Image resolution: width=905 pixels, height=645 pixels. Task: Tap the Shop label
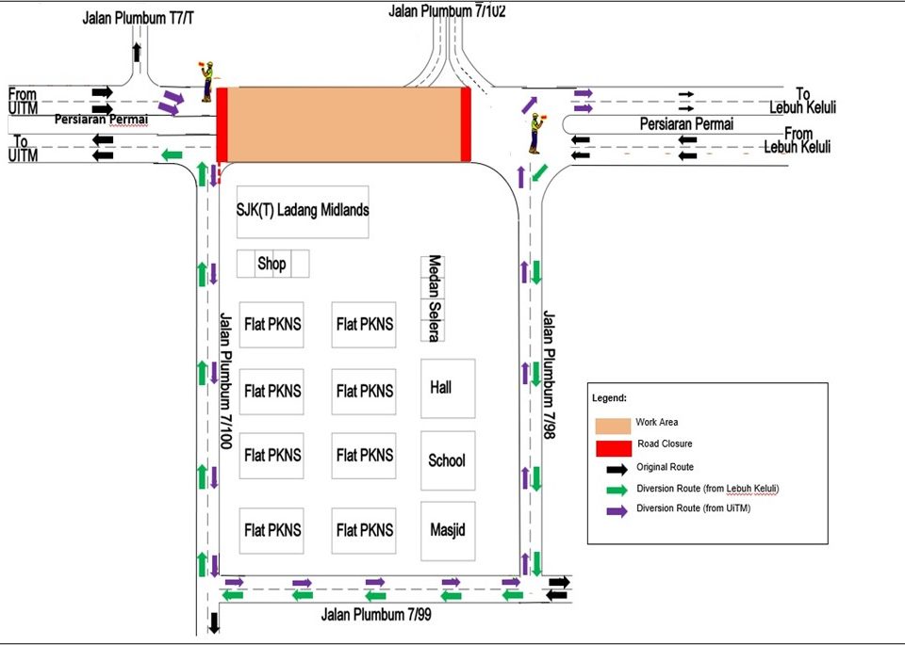coord(271,265)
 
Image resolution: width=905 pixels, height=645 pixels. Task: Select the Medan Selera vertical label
coord(434,298)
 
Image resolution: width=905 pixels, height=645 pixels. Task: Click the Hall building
coord(447,387)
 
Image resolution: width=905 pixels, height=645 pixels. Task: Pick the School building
coord(447,460)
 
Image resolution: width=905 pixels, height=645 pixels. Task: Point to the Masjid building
coord(447,529)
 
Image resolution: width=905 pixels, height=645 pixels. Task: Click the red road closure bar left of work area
coord(222,124)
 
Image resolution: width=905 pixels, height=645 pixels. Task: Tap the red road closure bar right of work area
coord(465,124)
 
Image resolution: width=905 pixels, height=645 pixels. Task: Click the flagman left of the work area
coord(206,81)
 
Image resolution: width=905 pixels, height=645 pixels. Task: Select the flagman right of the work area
coord(535,133)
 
